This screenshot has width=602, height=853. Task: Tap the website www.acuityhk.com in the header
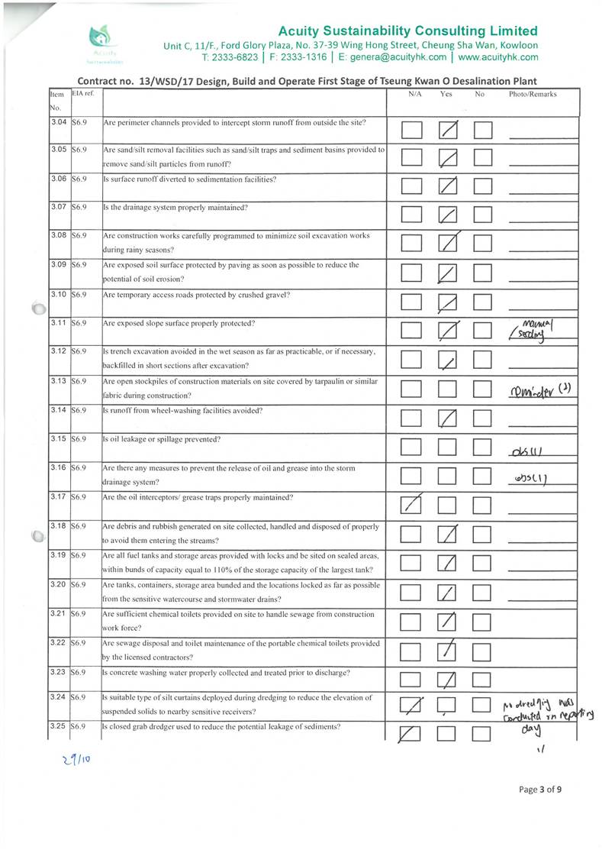[x=498, y=57]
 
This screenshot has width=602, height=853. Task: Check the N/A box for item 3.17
[x=412, y=505]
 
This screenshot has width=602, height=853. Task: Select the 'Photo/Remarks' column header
[x=532, y=94]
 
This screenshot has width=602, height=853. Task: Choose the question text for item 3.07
[x=175, y=208]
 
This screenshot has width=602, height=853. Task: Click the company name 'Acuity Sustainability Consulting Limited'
[x=408, y=31]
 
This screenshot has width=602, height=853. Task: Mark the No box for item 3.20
[x=484, y=594]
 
